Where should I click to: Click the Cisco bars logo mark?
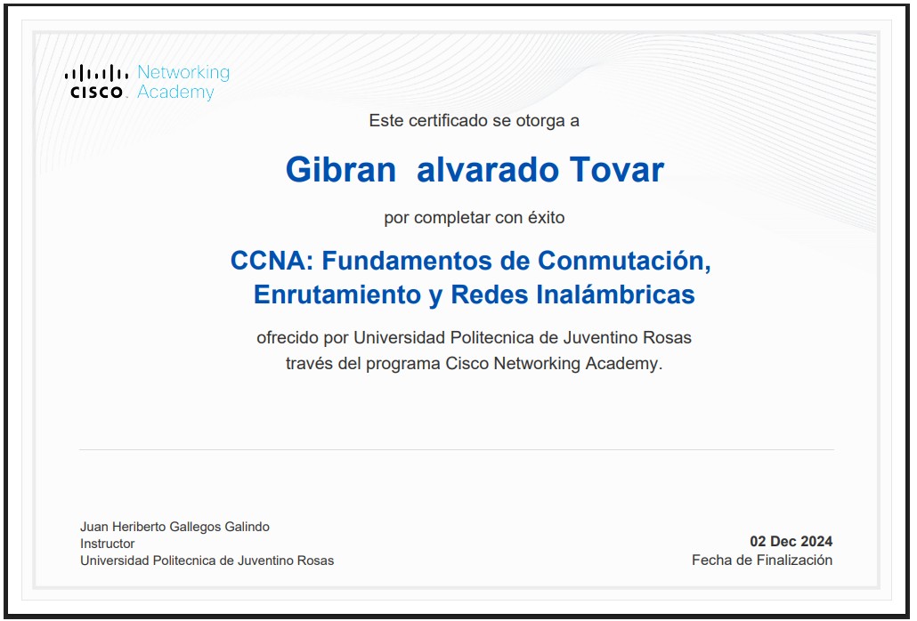96,73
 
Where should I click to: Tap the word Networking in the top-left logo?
183,72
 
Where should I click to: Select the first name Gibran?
341,170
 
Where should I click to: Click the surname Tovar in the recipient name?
616,170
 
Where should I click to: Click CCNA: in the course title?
272,261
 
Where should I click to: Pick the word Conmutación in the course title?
624,262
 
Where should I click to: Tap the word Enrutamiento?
337,294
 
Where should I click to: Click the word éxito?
547,217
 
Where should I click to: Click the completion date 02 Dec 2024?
791,542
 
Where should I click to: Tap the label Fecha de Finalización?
762,561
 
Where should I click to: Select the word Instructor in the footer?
108,544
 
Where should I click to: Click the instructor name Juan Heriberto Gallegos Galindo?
174,527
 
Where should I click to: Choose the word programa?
403,364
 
